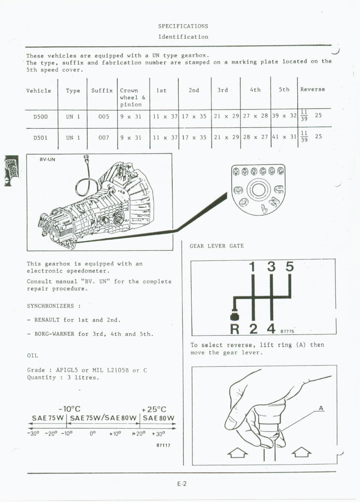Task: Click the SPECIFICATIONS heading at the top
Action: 183,26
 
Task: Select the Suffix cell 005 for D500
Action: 104,116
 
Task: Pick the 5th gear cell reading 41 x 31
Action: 284,137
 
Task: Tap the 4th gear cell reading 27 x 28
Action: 255,116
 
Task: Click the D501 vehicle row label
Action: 40,138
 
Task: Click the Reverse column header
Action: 312,89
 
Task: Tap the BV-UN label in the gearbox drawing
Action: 47,159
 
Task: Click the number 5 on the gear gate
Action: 290,267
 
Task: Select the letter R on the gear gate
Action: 235,329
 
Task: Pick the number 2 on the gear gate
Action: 253,329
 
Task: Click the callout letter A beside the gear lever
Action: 321,408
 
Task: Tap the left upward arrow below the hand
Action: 239,452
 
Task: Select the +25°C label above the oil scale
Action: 153,409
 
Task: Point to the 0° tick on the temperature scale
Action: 92,433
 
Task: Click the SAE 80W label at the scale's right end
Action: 159,418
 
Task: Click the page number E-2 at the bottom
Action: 182,484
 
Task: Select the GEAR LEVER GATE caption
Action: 217,246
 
